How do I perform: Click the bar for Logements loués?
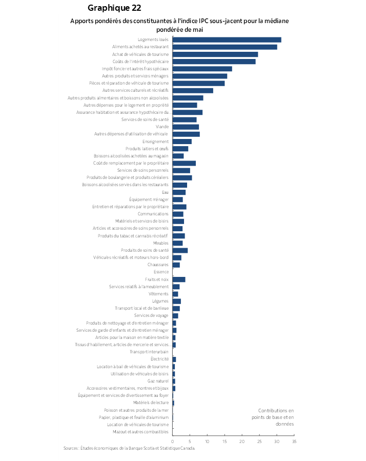pyautogui.click(x=227, y=39)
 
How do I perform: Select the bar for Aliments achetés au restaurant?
pyautogui.click(x=225, y=47)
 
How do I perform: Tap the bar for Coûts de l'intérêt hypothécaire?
pyautogui.click(x=214, y=62)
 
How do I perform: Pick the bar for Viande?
pyautogui.click(x=186, y=127)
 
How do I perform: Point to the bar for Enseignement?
pyautogui.click(x=182, y=142)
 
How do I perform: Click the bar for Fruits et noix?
pyautogui.click(x=179, y=279)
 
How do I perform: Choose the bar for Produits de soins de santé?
pyautogui.click(x=180, y=250)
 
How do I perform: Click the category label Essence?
pyautogui.click(x=161, y=272)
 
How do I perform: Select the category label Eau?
pyautogui.click(x=165, y=192)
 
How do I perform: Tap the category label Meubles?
pyautogui.click(x=160, y=243)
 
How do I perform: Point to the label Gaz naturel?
pyautogui.click(x=158, y=381)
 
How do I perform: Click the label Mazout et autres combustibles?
pyautogui.click(x=140, y=432)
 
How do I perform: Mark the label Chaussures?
pyautogui.click(x=158, y=265)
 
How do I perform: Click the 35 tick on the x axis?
pyautogui.click(x=294, y=441)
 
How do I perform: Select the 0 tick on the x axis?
pyautogui.click(x=173, y=441)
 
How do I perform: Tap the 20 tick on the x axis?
pyautogui.click(x=242, y=441)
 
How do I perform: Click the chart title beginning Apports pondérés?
pyautogui.click(x=179, y=25)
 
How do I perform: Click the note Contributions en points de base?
pyautogui.click(x=276, y=417)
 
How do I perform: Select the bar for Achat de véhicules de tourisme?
pyautogui.click(x=215, y=54)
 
